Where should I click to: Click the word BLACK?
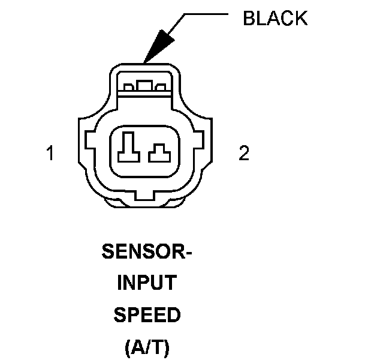coord(275,19)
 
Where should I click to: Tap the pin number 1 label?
coord(51,154)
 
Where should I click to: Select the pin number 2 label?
coord(243,154)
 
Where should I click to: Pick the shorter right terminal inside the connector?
coord(159,153)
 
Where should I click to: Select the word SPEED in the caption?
coord(147,315)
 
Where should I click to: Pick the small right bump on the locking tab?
coord(159,88)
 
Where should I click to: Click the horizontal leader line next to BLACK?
coord(207,13)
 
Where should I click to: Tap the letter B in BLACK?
coord(248,19)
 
